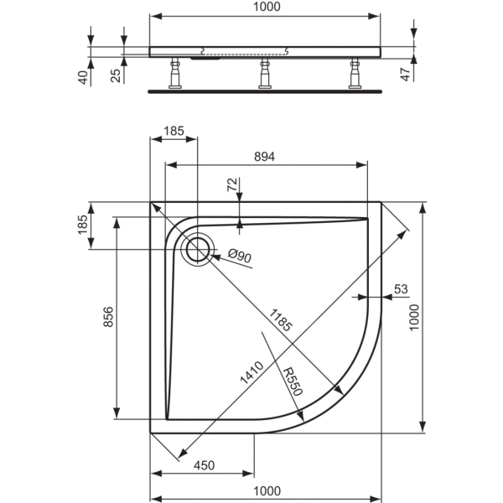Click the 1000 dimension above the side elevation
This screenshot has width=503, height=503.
265,7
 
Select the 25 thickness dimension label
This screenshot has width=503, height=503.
117,76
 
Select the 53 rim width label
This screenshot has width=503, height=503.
401,288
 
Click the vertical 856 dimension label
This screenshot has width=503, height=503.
107,319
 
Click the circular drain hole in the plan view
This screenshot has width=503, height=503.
198,249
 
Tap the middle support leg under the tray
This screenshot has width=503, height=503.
265,74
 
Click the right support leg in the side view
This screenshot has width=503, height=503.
353,74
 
